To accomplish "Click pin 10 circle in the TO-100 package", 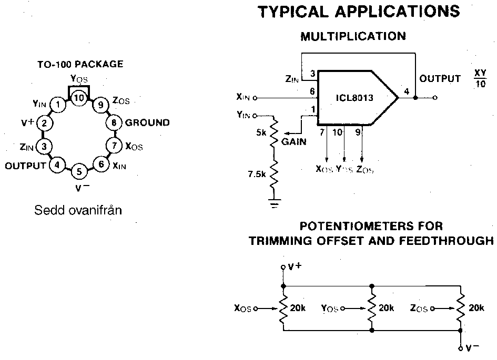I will tap(79, 98).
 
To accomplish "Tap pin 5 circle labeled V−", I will tap(79, 171).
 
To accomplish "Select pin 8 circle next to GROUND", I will tap(114, 123).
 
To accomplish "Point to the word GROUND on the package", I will tap(147, 123).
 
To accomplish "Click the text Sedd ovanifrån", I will tap(78, 211).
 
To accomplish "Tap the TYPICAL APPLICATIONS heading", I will tap(359, 12).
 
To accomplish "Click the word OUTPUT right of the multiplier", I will tap(440, 79).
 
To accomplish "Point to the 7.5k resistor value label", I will tap(257, 174).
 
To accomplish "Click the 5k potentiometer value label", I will tap(261, 133).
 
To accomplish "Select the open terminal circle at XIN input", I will tap(256, 97).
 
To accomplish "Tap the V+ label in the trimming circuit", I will tap(295, 266).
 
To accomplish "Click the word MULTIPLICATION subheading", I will tap(353, 36).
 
